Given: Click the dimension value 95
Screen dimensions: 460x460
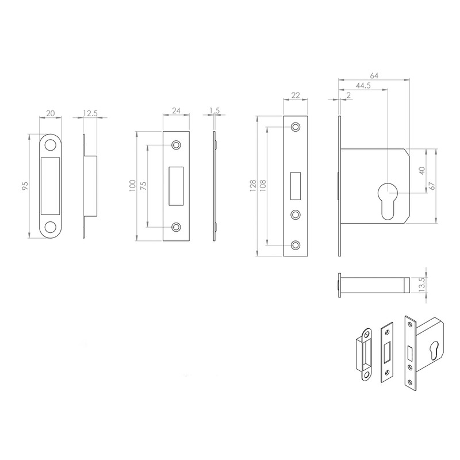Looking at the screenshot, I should [25, 185].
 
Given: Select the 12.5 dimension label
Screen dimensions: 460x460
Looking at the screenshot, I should [90, 113].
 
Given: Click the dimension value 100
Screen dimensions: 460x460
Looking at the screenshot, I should [132, 185].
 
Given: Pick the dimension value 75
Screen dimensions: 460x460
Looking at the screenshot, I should [143, 185].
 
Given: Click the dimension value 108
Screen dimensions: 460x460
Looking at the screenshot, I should [263, 186].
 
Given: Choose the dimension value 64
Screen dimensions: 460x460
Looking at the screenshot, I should [373, 75].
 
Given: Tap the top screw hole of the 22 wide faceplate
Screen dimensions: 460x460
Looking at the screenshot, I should [296, 127].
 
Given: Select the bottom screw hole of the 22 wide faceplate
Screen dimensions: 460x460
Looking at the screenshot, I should [296, 246].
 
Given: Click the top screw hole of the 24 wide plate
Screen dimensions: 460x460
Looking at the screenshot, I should [176, 145].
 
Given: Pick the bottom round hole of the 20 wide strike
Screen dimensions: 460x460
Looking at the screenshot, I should [51, 227].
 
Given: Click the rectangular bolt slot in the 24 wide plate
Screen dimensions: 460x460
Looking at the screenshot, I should [176, 185].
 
